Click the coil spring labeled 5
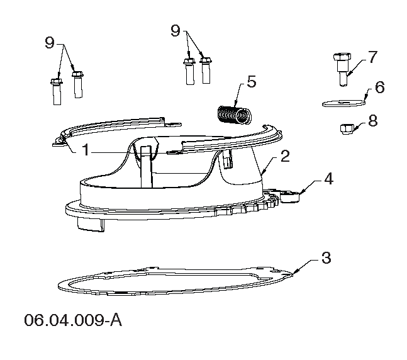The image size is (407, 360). tap(234, 115)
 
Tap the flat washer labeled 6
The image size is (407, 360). tap(343, 103)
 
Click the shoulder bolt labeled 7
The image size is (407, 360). tap(342, 69)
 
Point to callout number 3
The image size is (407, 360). tap(326, 258)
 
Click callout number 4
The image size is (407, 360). tap(328, 179)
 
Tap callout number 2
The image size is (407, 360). tap(285, 156)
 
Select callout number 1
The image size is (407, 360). tap(86, 150)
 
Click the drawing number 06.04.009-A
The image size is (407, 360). tap(73, 320)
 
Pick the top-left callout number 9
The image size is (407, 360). tap(50, 42)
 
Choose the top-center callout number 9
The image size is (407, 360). tap(176, 30)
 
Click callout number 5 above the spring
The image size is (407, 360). tap(251, 81)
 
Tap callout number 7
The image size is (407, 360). tap(372, 57)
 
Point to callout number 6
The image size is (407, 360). tap(380, 87)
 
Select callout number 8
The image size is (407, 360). tap(373, 120)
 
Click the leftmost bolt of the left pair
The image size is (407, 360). tap(57, 92)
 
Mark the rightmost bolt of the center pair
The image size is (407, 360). tap(206, 70)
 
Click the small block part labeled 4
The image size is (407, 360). tap(289, 196)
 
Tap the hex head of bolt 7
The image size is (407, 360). tap(342, 57)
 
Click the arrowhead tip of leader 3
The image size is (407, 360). tap(293, 274)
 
